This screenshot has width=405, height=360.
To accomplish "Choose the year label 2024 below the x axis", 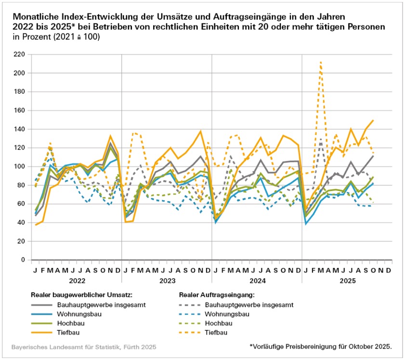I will coord(257,280).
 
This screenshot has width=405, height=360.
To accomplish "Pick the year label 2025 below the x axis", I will coord(347,280).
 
